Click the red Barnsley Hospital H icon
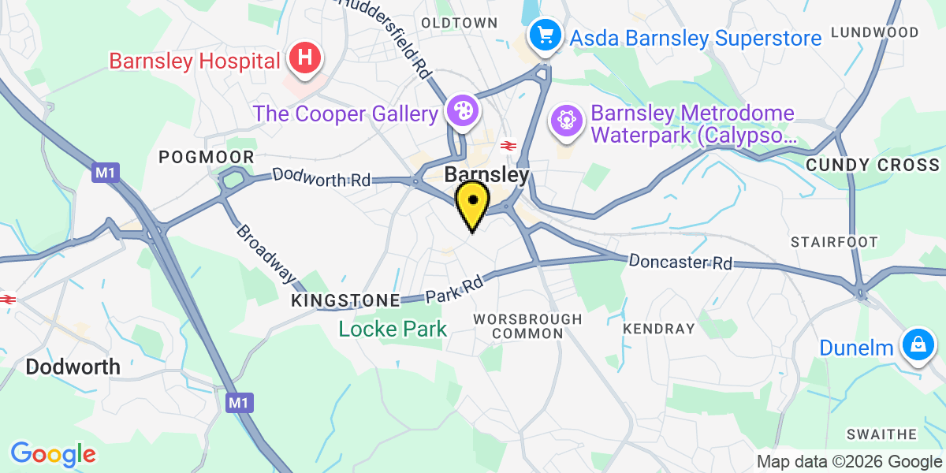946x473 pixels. click(306, 58)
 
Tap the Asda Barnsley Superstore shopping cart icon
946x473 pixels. click(544, 35)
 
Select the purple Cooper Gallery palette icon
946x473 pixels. click(461, 110)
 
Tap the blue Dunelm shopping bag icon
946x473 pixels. click(917, 345)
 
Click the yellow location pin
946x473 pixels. click(471, 203)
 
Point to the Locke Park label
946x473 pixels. click(393, 329)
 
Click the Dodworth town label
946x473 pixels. click(73, 367)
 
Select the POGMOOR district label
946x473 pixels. click(207, 157)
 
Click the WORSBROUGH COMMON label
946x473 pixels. click(527, 326)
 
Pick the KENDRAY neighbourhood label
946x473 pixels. click(658, 328)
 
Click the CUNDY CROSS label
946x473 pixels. click(873, 165)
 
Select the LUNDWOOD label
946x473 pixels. click(875, 32)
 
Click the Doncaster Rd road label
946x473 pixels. click(680, 262)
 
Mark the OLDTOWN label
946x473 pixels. click(460, 22)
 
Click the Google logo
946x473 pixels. click(53, 454)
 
